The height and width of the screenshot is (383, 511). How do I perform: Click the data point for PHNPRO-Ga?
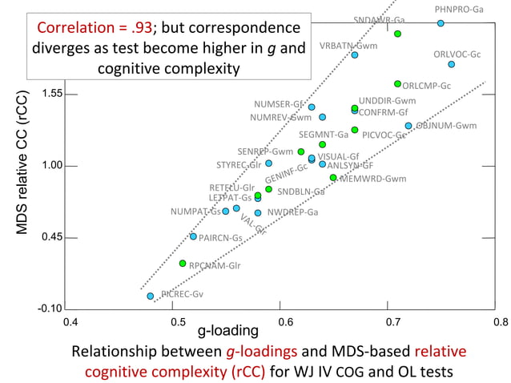pos(441,23)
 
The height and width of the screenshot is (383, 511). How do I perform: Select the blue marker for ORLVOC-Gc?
pos(452,64)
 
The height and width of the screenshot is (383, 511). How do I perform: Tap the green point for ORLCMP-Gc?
pos(397,83)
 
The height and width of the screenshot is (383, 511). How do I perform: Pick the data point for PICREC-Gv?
pos(151,296)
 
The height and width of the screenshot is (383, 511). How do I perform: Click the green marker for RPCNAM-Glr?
pos(183,263)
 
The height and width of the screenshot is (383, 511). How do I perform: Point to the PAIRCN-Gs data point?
pos(193,236)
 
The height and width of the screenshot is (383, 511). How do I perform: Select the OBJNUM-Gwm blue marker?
pos(408,126)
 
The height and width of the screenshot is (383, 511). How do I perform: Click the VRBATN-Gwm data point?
pos(354,55)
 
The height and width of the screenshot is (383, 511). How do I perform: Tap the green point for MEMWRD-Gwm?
pos(333,178)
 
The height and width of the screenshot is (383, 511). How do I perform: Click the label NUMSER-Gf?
pos(279,104)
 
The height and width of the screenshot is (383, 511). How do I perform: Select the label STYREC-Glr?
pos(239,165)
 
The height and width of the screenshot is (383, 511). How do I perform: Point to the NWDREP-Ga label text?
pos(292,212)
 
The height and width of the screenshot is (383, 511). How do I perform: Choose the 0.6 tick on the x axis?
pos(285,322)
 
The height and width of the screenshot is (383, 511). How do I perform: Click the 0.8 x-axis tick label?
pos(501,322)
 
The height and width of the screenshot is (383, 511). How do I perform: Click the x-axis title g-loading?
pos(228,330)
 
